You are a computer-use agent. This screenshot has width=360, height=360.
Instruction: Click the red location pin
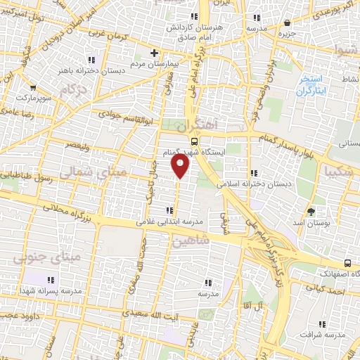(x=181, y=165)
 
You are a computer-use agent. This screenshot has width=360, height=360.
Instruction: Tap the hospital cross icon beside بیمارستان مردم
(x=155, y=52)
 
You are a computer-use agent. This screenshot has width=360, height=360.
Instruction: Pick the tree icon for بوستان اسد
(x=311, y=210)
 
